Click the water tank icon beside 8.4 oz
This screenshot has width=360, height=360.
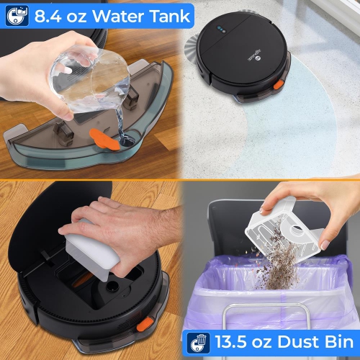(x=14, y=15)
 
